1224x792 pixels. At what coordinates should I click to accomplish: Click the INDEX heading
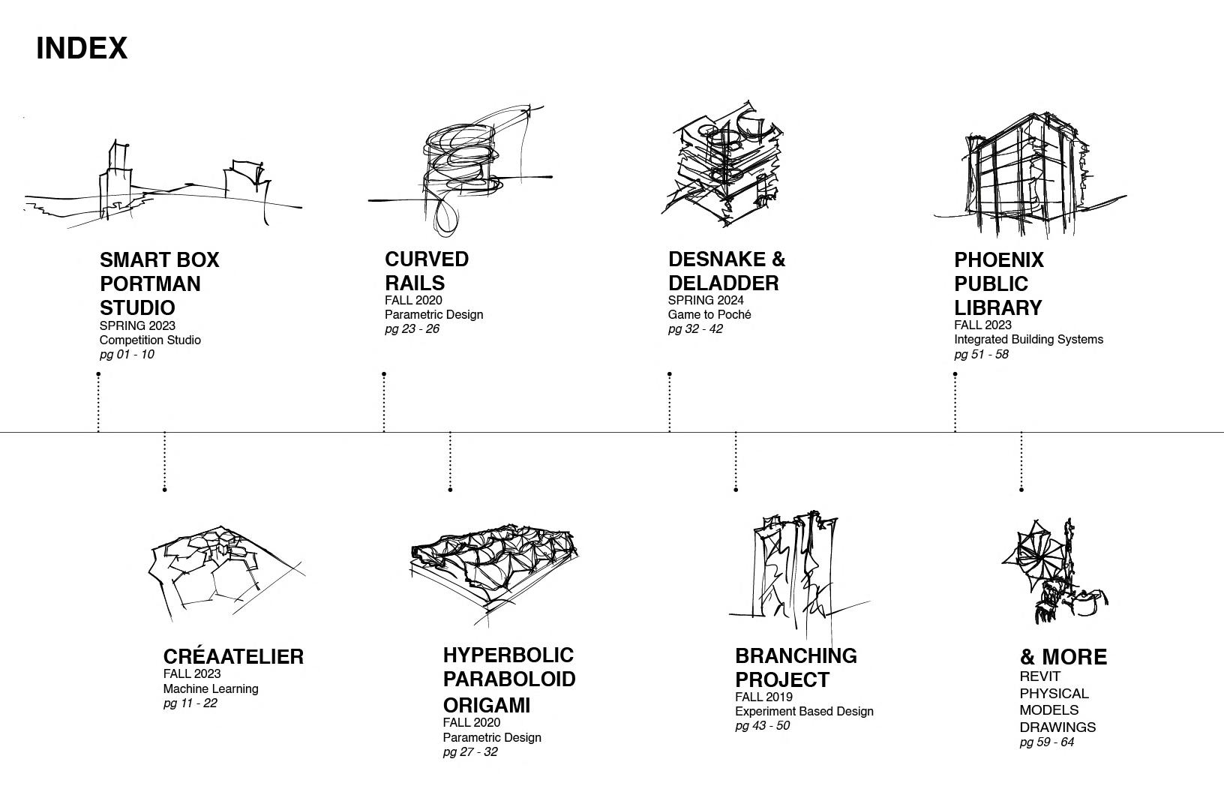(x=82, y=48)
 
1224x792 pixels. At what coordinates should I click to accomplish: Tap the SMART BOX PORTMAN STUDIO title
(x=159, y=283)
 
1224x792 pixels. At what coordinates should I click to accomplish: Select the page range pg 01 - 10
(x=127, y=355)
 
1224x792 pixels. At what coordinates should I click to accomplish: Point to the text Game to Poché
(x=709, y=315)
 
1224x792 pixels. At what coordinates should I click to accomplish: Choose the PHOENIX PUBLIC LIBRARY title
(x=998, y=283)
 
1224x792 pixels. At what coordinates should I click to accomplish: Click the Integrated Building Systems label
(x=1028, y=340)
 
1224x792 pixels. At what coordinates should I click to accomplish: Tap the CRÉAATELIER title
(x=233, y=656)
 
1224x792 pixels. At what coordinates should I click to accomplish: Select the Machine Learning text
(x=211, y=688)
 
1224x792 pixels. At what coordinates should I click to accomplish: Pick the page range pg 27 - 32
(x=469, y=752)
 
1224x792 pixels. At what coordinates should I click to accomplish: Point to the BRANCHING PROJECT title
(x=795, y=667)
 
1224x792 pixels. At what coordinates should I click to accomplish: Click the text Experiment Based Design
(x=804, y=711)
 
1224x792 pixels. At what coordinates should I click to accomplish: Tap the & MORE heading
(x=1063, y=657)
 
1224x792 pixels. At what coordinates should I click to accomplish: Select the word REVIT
(x=1039, y=676)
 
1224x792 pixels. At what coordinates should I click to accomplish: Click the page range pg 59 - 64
(x=1046, y=742)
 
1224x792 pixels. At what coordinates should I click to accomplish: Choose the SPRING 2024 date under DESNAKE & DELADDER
(x=706, y=301)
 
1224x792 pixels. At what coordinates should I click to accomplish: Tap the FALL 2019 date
(x=763, y=697)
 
